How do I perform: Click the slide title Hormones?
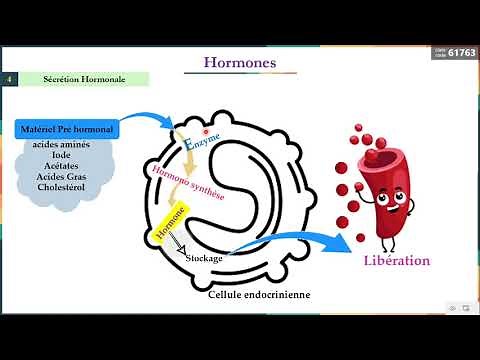[x=240, y=62]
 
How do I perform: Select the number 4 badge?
[x=9, y=78]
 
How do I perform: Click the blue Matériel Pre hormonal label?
[x=67, y=129]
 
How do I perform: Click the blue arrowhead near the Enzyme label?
[x=177, y=124]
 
